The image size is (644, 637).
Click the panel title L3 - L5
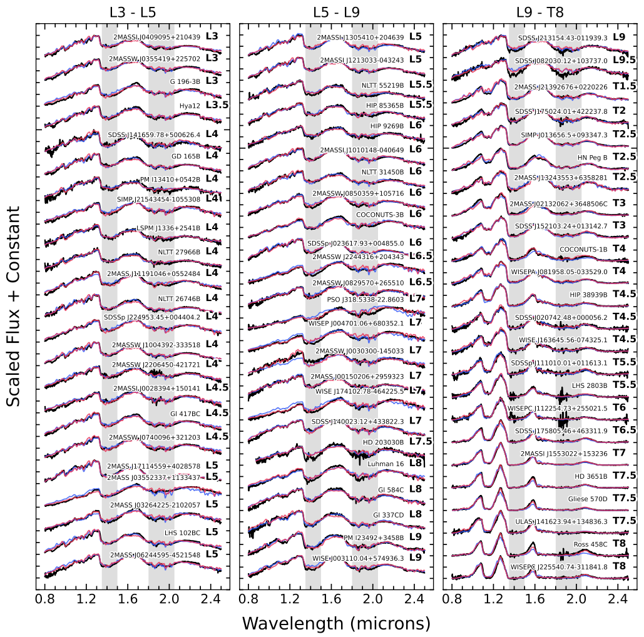coord(133,11)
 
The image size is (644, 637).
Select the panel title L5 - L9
coord(336,11)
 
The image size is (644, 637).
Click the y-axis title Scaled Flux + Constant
coord(14,307)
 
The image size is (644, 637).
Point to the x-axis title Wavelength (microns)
coord(336,623)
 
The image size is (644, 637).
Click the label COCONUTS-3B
coord(381,214)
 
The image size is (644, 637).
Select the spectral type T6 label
coord(619,407)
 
